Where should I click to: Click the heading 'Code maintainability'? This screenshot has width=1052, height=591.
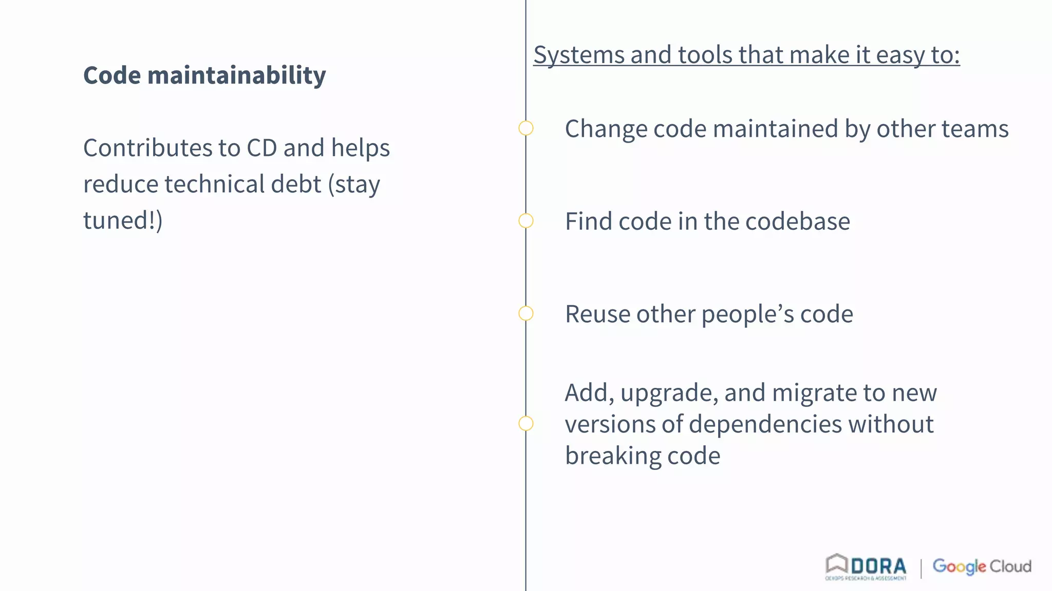click(x=204, y=75)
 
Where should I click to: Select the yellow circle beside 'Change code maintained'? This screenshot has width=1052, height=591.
click(x=525, y=128)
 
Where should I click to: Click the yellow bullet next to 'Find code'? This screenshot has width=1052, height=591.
click(x=525, y=221)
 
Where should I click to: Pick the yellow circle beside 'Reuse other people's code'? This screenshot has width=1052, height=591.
click(x=525, y=313)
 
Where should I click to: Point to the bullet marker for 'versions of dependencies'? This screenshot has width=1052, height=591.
click(x=525, y=423)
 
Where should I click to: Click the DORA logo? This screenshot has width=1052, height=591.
click(x=866, y=567)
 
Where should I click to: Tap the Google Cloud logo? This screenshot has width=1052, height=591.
click(x=982, y=566)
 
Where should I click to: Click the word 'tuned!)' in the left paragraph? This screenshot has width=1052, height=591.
click(x=123, y=221)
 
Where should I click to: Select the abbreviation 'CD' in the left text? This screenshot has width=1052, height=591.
click(x=261, y=148)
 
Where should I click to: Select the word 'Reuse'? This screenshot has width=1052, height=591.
click(x=597, y=314)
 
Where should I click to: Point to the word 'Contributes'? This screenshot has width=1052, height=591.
click(x=147, y=148)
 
